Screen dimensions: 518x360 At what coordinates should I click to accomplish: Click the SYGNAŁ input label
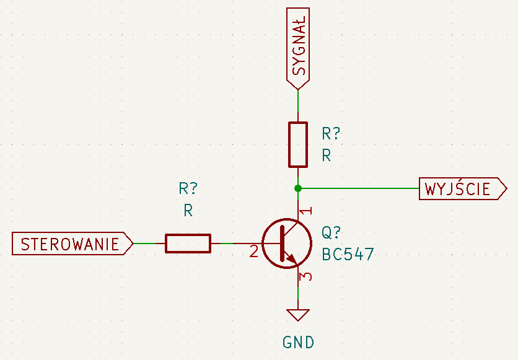coord(298,48)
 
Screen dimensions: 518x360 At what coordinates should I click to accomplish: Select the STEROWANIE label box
coord(72,244)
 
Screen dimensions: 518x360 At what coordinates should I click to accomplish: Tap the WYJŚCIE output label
coord(463,188)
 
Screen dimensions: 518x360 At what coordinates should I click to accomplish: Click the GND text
coord(298,343)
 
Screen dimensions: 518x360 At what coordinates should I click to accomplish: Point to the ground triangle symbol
coord(298,315)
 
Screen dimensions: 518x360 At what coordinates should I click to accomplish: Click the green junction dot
coord(298,188)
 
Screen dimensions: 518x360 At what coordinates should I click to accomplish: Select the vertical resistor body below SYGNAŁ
coord(298,144)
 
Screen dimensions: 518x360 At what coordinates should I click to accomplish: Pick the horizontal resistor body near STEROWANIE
coord(188,244)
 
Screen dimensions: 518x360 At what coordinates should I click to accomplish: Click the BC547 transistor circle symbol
coord(287,244)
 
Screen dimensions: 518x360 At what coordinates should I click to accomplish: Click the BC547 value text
coord(348,254)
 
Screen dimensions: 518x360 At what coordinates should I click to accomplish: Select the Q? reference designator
coord(331,232)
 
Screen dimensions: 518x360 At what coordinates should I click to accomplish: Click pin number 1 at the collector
coord(307,211)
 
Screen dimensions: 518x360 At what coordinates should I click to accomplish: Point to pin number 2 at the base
coord(253,252)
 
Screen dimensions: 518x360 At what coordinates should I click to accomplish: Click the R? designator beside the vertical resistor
coord(331,133)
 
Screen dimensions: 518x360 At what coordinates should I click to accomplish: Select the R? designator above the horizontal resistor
coord(188,188)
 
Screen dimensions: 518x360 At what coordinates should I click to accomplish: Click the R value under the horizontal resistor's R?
coord(188,210)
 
